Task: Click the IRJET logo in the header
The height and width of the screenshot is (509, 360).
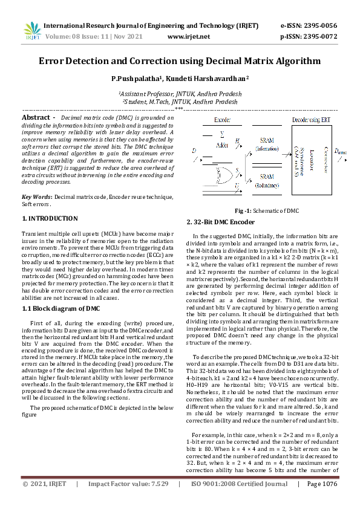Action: (33, 32)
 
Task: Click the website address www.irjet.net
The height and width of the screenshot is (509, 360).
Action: (188, 37)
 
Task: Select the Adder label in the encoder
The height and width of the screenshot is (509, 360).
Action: (223, 145)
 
